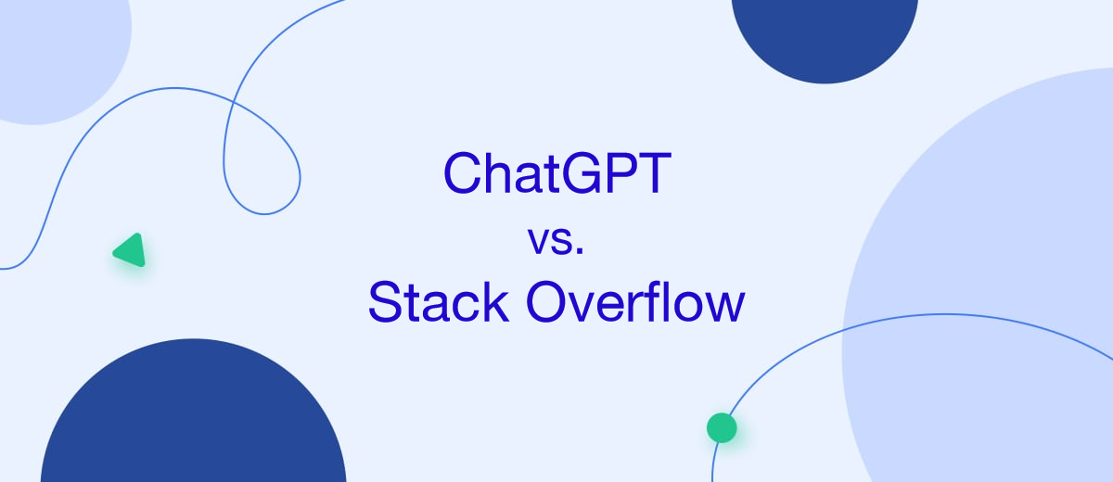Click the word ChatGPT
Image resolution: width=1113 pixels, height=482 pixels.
(x=556, y=173)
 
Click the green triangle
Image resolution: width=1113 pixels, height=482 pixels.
(x=131, y=250)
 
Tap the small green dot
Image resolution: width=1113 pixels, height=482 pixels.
(x=721, y=427)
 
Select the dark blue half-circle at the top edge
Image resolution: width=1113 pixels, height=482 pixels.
(x=825, y=32)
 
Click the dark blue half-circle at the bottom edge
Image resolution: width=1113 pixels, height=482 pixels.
(x=193, y=422)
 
